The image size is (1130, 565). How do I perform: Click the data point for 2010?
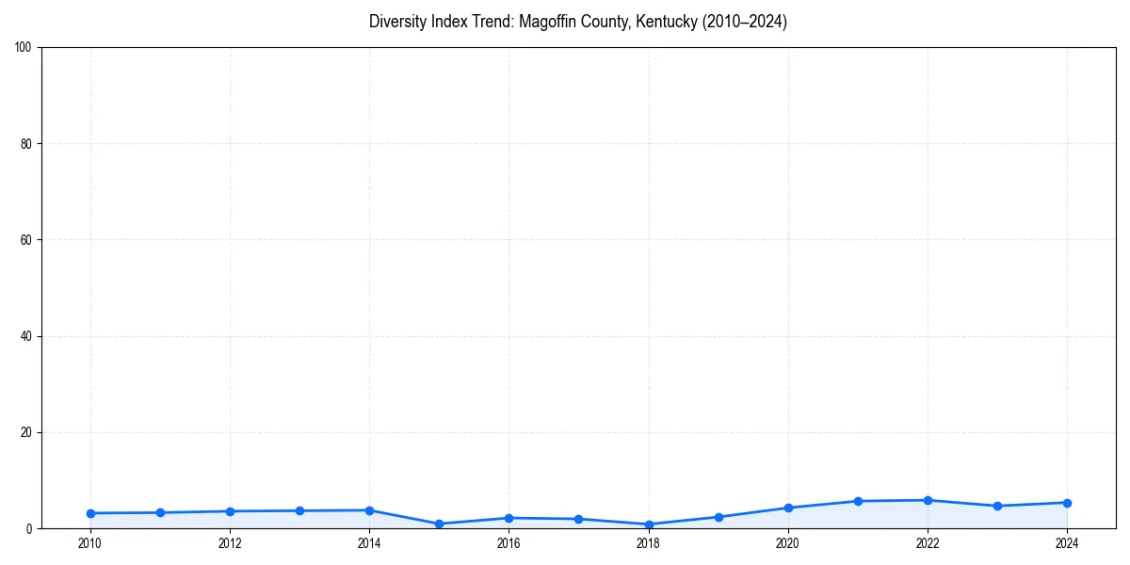[90, 513]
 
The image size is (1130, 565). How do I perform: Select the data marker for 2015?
[439, 524]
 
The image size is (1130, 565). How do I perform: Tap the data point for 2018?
[649, 525]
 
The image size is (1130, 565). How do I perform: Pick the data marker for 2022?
[928, 500]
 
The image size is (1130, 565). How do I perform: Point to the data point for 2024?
[1067, 503]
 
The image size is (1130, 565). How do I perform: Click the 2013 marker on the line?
[299, 510]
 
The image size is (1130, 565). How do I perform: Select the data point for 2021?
[858, 501]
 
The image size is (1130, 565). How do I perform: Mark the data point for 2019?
[718, 517]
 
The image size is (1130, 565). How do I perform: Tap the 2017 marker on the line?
[578, 519]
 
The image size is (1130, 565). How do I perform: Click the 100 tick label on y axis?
[24, 48]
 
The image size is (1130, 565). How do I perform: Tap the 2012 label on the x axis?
[230, 543]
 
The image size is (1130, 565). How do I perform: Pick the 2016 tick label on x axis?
[508, 543]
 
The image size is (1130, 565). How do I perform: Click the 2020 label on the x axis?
[788, 543]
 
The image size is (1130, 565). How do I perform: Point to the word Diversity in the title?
[398, 22]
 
